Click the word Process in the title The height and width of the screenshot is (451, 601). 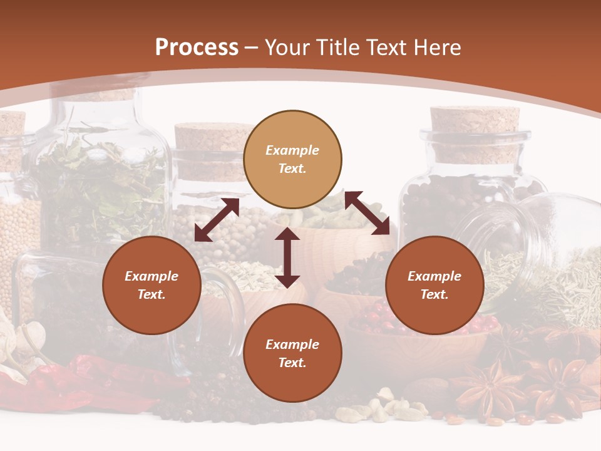197,48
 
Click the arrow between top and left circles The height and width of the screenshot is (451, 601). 217,220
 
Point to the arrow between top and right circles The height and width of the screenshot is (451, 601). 367,213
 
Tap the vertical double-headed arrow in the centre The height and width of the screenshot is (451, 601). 287,257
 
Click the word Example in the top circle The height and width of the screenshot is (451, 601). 292,150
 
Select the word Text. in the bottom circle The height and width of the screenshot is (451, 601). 292,363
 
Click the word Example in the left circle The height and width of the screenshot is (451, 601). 152,276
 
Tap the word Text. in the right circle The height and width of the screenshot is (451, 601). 434,294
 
